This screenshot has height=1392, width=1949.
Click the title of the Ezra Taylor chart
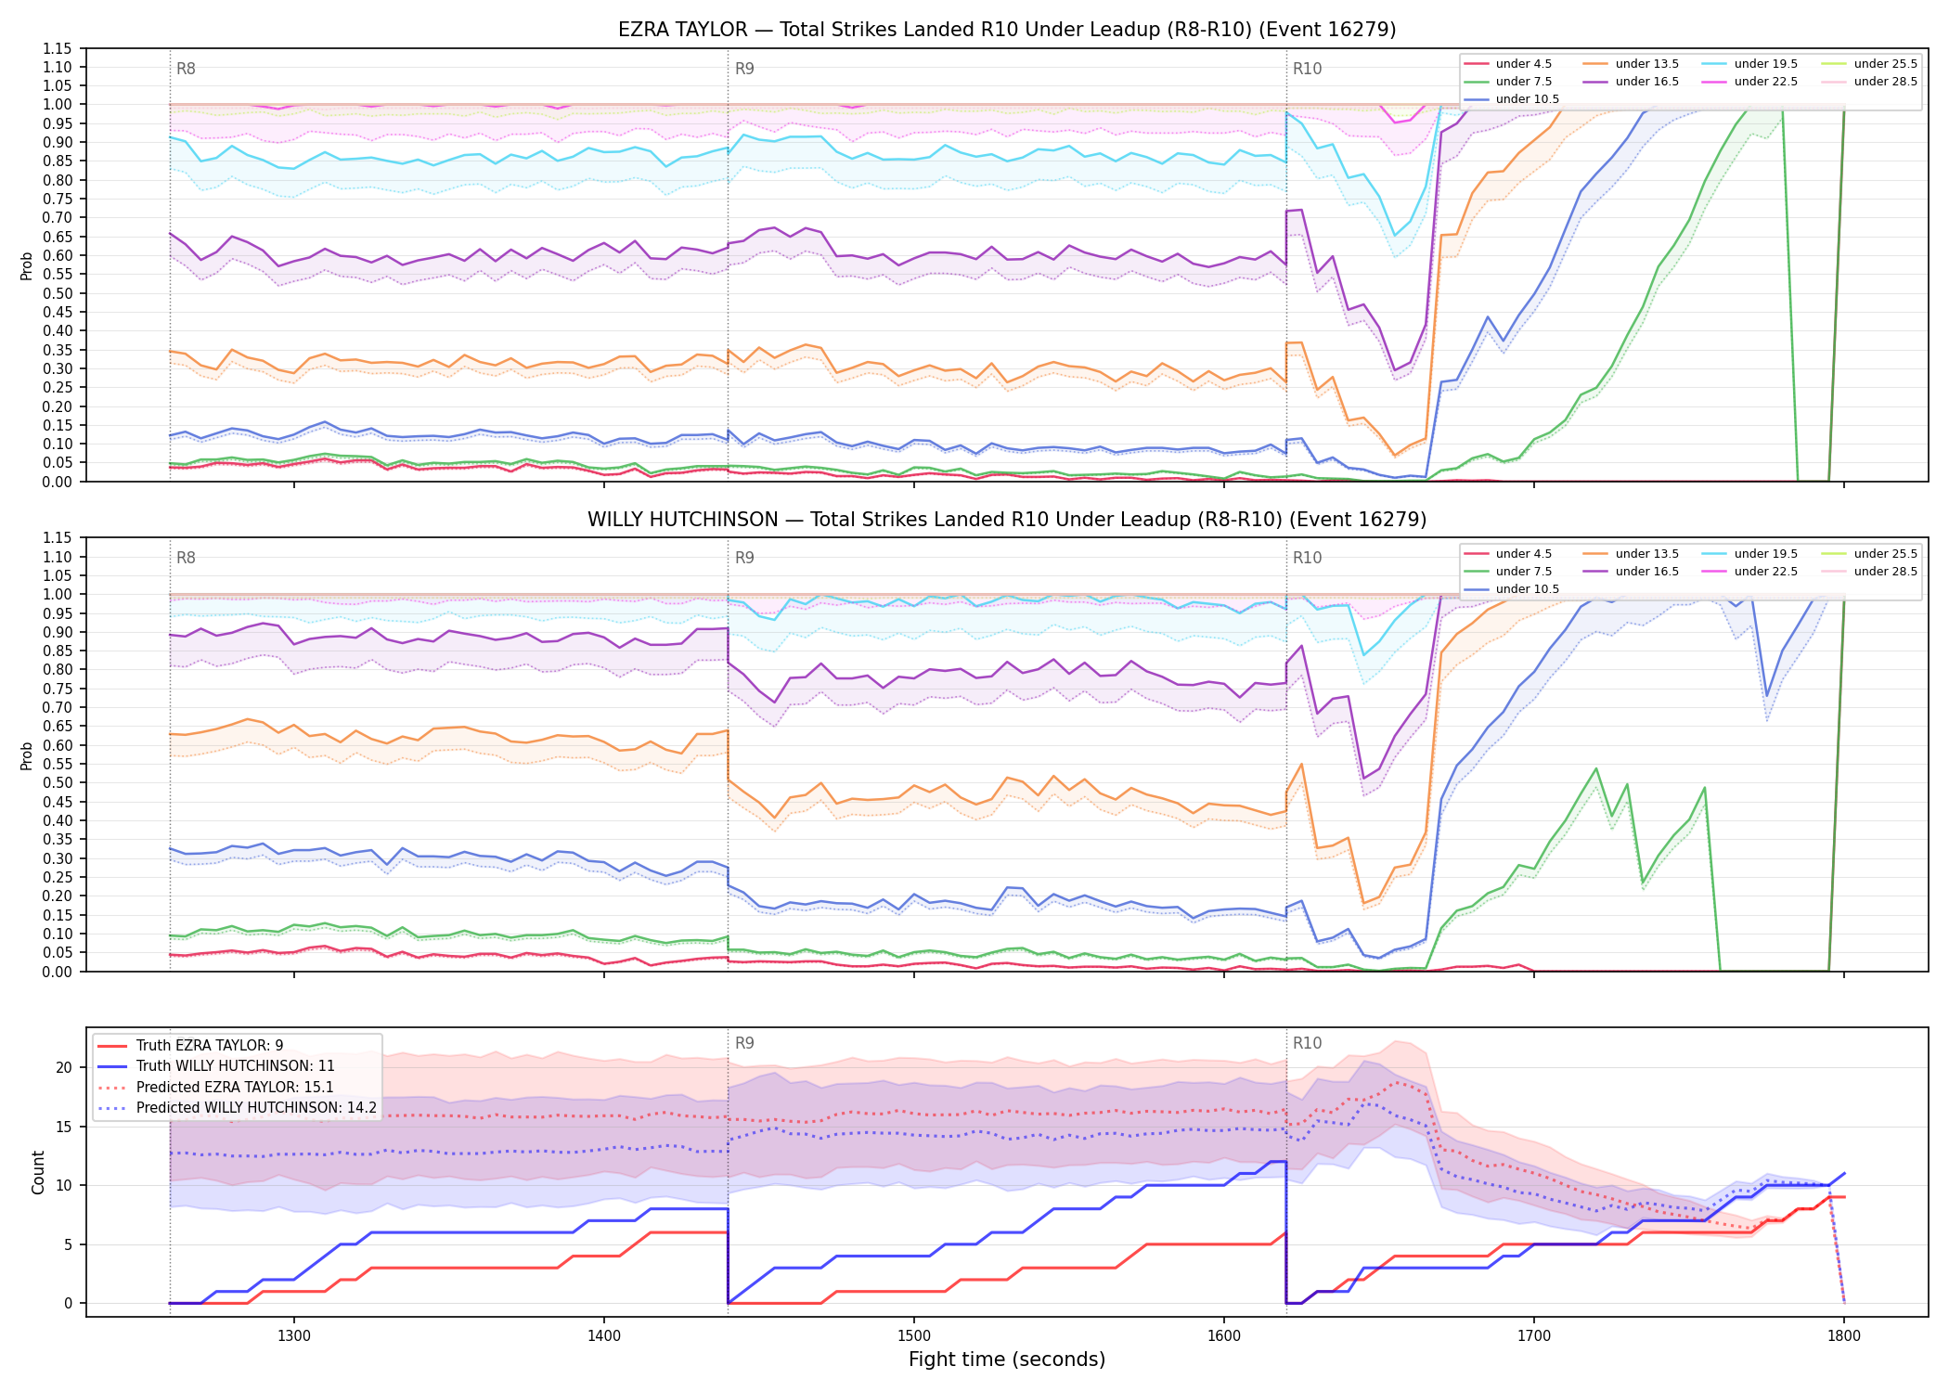pyautogui.click(x=1007, y=30)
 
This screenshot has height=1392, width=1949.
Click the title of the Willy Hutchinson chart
pyautogui.click(x=1007, y=520)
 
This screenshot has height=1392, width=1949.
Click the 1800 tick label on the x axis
pyautogui.click(x=1844, y=1335)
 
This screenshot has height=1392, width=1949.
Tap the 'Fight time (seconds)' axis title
pyautogui.click(x=1007, y=1360)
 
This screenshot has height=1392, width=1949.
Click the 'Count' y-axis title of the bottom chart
pyautogui.click(x=38, y=1172)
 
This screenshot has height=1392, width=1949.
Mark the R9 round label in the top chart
pyautogui.click(x=744, y=69)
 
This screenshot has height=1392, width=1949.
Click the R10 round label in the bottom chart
pyautogui.click(x=1307, y=1043)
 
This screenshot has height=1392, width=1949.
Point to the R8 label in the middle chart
pyautogui.click(x=186, y=558)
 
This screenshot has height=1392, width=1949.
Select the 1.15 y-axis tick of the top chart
pyautogui.click(x=58, y=48)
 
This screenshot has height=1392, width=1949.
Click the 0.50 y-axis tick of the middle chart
pyautogui.click(x=58, y=782)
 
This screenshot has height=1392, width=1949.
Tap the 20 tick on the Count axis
pyautogui.click(x=64, y=1067)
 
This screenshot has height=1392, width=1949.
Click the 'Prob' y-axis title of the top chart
pyautogui.click(x=27, y=265)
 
